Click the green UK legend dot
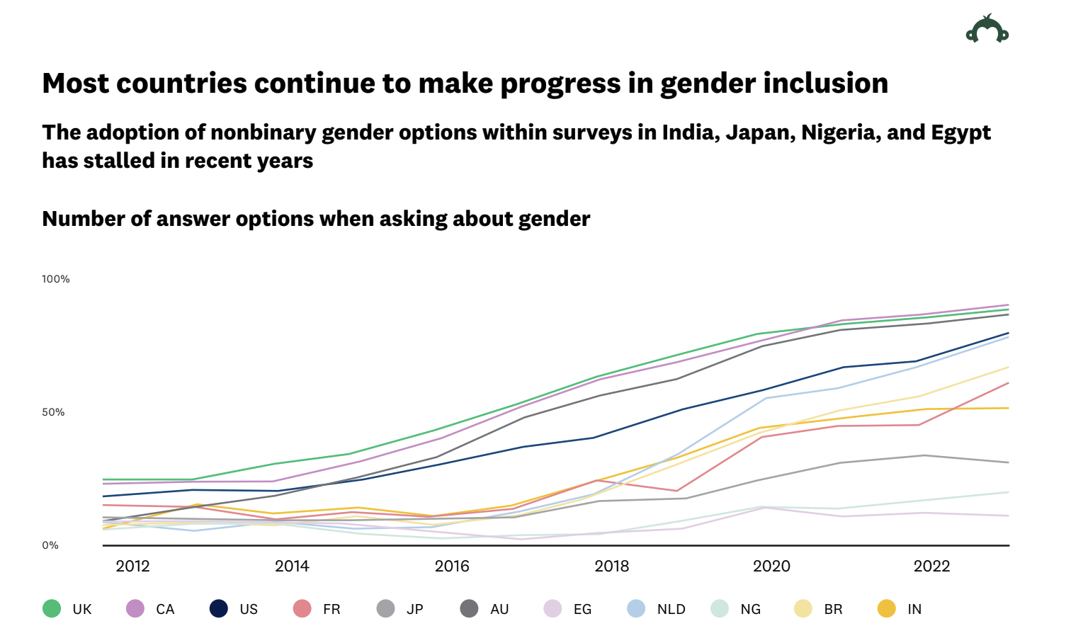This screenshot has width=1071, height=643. tap(52, 608)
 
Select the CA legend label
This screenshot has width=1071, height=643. tap(165, 609)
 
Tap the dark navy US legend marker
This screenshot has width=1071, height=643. tap(219, 608)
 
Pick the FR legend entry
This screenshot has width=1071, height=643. tap(331, 609)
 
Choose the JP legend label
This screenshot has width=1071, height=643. tap(414, 609)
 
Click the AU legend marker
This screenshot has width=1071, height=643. tap(469, 608)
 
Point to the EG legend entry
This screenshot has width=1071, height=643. tap(582, 609)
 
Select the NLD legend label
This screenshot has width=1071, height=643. tap(671, 609)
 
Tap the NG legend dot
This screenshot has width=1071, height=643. tap(720, 608)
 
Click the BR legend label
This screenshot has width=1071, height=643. tap(833, 609)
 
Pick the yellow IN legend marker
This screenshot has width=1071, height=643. tap(887, 608)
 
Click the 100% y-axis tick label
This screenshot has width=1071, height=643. tap(56, 279)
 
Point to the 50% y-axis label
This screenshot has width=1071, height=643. tap(53, 412)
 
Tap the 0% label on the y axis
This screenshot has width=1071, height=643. tap(50, 545)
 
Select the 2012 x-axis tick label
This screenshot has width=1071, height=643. tap(132, 566)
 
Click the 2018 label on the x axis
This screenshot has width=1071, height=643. tap(612, 566)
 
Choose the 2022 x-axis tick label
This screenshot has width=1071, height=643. tap(931, 566)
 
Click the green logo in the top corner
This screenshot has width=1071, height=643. tap(987, 30)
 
